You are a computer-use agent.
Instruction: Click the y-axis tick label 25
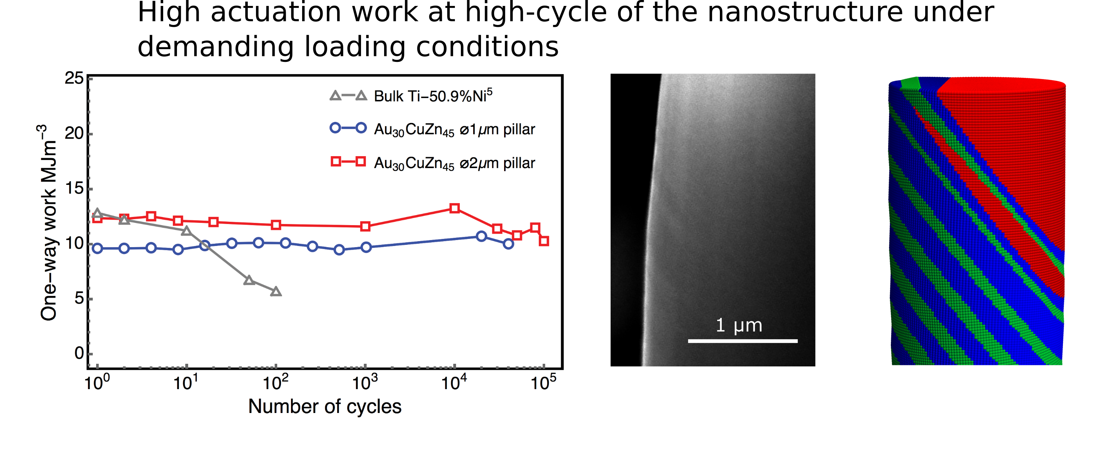click(74, 79)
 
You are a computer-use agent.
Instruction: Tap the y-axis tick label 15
click(74, 189)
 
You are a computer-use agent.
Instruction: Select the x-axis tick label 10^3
click(365, 382)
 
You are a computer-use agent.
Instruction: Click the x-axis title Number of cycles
click(325, 407)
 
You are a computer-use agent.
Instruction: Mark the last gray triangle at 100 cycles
click(276, 291)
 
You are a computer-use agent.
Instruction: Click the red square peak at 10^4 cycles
click(455, 208)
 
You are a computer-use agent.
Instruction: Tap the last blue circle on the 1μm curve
click(509, 244)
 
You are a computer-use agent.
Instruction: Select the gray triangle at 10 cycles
click(186, 231)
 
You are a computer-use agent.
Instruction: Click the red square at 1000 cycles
click(366, 226)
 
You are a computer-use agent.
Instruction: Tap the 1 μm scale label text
click(739, 325)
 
